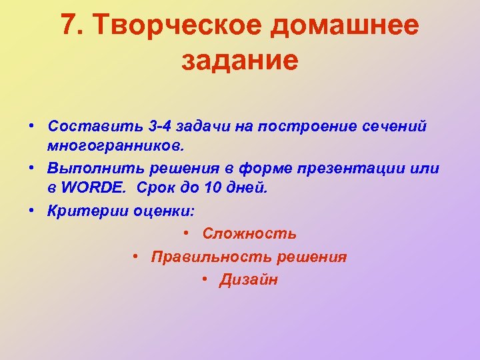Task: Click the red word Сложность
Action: (x=249, y=234)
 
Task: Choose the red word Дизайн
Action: (x=249, y=280)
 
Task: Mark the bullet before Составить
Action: (x=32, y=126)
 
